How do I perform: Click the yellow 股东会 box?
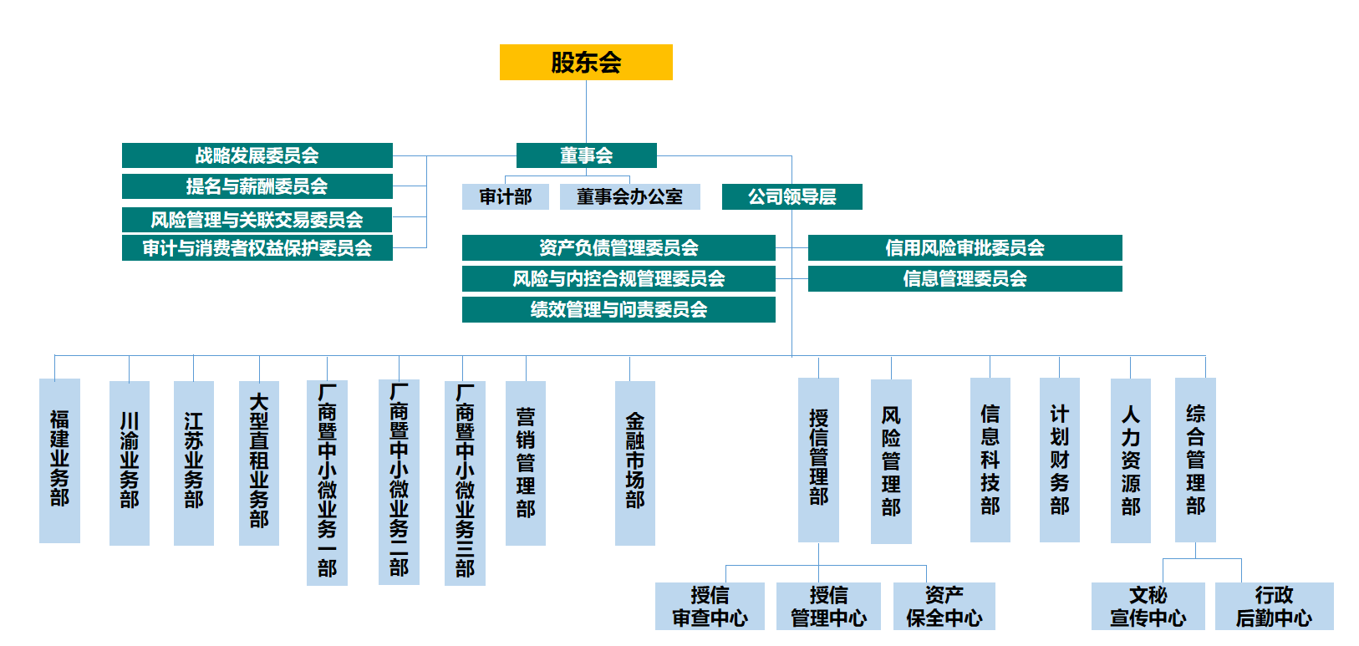click(586, 63)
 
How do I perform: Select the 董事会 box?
click(586, 155)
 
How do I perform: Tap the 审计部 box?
click(505, 196)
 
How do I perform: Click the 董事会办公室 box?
click(629, 196)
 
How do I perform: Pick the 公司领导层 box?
click(791, 196)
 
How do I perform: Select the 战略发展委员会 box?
click(257, 155)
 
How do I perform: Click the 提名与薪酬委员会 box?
click(257, 186)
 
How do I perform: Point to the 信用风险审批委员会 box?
click(965, 247)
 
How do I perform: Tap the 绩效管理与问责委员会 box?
click(618, 309)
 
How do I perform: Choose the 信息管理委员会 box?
click(965, 278)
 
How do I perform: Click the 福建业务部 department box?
click(59, 460)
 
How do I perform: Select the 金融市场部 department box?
click(634, 463)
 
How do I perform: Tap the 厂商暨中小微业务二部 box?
click(399, 482)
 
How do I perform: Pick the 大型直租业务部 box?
click(259, 463)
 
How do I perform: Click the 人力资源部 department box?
click(1130, 460)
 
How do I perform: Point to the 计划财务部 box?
click(1059, 460)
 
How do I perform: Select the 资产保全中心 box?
click(944, 606)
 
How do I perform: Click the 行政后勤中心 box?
click(1274, 606)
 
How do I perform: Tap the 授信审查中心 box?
click(710, 606)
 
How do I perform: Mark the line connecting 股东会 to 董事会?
click(586, 112)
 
